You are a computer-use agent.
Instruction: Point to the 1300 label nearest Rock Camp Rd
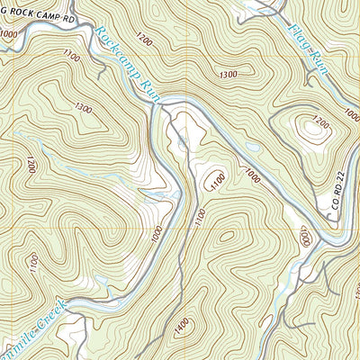tap(84, 108)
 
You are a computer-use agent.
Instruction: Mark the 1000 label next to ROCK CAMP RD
tap(9, 33)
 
